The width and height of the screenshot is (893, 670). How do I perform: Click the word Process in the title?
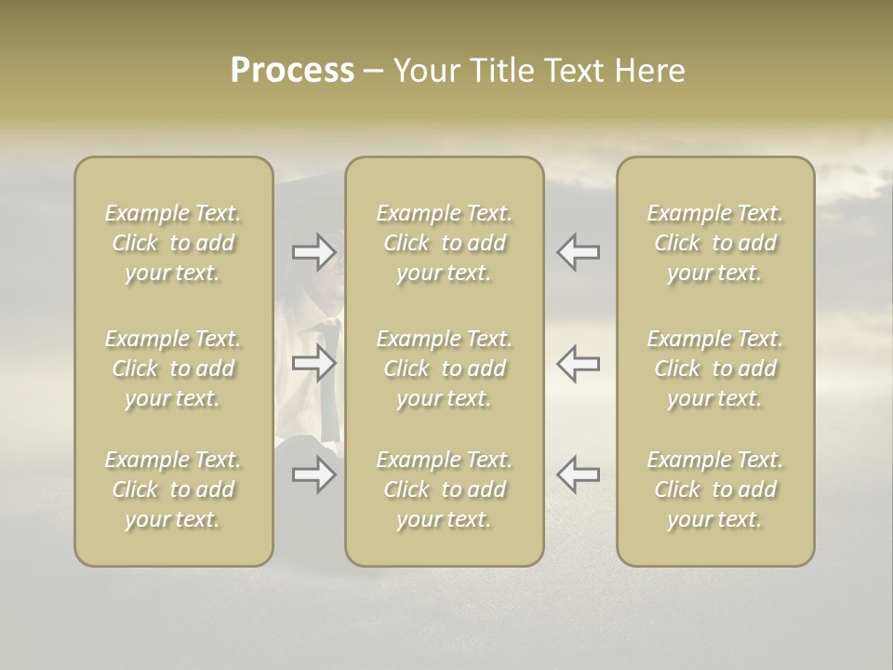pos(292,71)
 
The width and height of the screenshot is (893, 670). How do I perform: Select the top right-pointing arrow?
pos(313,252)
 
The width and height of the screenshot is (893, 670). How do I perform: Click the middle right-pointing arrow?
pos(313,363)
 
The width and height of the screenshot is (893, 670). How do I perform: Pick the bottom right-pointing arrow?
pos(313,475)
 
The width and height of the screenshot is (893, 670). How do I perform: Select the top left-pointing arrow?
pos(579,252)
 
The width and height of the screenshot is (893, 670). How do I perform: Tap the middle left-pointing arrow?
pos(579,363)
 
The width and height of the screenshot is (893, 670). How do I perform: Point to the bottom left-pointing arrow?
pos(579,475)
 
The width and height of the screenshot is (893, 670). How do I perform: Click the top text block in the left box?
pos(173,243)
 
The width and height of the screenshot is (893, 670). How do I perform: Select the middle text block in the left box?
pos(173,368)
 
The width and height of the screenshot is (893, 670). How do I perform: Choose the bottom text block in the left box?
pos(173,489)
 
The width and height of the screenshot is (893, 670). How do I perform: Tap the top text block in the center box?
pos(444,243)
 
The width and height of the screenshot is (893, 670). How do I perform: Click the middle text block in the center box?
pos(444,368)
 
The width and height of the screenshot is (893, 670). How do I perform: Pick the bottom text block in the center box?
pos(444,489)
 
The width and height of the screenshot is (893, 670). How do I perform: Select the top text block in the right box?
pos(714,243)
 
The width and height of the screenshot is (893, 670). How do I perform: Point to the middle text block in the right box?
pos(714,368)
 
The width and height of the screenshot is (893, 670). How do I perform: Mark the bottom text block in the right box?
pos(714,489)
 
